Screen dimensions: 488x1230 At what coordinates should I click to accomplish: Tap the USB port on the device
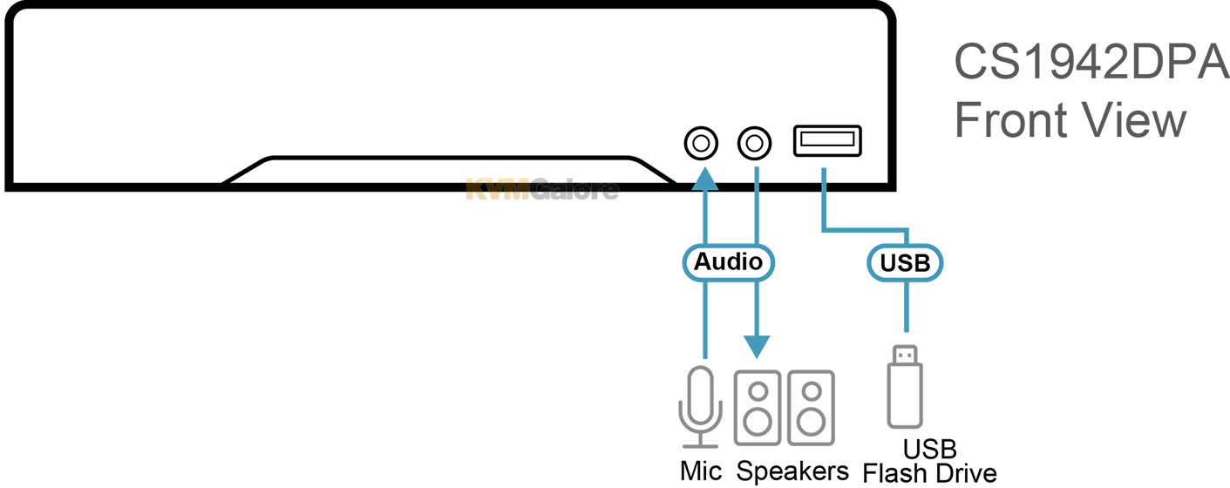click(x=827, y=140)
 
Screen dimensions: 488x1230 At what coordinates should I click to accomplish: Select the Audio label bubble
click(x=728, y=261)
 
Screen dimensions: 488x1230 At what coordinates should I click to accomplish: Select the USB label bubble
click(x=907, y=261)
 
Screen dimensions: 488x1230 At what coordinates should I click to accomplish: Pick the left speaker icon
click(x=758, y=408)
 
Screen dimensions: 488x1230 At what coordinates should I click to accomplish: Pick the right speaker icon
click(x=811, y=408)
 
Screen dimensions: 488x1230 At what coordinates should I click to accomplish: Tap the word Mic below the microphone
click(x=701, y=471)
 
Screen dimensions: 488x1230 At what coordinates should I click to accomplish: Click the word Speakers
click(x=792, y=471)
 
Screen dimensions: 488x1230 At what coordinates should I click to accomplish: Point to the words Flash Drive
click(x=929, y=474)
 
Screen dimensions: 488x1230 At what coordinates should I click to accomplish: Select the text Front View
click(x=1070, y=119)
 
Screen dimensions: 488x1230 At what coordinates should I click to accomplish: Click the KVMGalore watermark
click(x=542, y=189)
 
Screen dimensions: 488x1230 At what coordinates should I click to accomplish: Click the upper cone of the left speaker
click(x=758, y=391)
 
